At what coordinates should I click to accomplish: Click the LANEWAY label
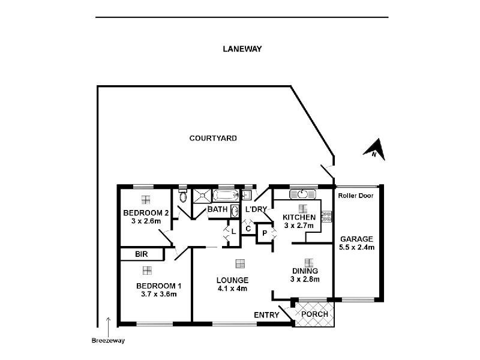tap(242, 50)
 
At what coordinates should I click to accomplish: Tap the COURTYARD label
tap(213, 138)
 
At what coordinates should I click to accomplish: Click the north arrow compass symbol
tap(374, 148)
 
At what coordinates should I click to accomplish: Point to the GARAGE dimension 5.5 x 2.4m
tap(356, 247)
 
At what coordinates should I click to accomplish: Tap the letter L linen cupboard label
tap(233, 230)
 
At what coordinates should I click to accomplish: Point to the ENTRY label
tap(267, 315)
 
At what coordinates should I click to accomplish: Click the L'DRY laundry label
tap(256, 209)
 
